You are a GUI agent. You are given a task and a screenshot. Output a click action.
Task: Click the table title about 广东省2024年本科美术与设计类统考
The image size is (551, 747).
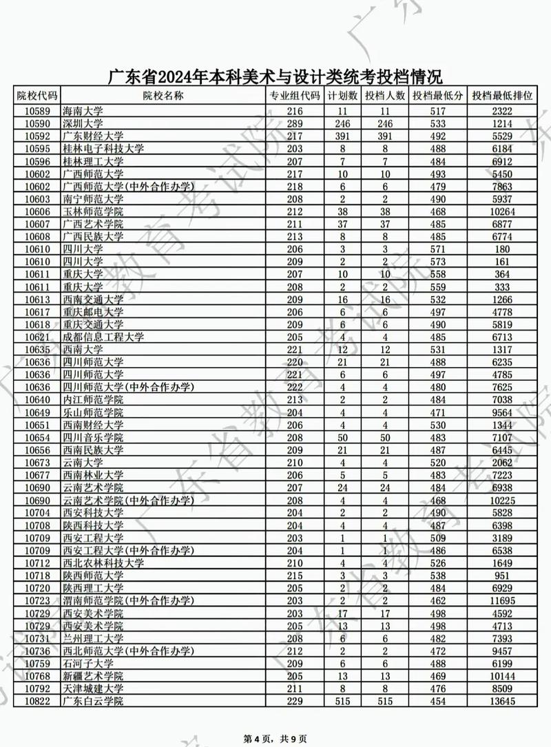[x=275, y=76]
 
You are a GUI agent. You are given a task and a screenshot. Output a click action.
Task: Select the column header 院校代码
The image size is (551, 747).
[x=37, y=96]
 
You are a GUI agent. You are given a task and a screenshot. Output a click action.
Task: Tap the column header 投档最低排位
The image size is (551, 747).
[x=502, y=96]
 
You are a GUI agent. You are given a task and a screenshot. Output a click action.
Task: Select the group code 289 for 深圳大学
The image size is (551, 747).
[x=295, y=123]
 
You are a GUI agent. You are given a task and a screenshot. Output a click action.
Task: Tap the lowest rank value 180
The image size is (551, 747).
[x=502, y=249]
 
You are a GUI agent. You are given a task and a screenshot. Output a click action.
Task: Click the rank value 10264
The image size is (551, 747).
[x=502, y=211]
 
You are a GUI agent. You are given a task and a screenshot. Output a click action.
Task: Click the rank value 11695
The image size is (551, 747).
[x=502, y=600]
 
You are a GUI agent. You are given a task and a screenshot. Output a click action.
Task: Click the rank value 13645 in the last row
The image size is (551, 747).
[x=502, y=701]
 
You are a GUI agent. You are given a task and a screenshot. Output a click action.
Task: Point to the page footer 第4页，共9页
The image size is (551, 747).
[x=275, y=738]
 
